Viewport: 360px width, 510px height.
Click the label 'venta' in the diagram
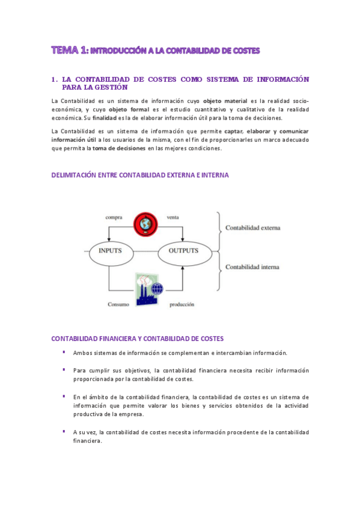tap(172, 217)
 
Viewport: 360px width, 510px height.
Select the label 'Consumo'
tap(118, 304)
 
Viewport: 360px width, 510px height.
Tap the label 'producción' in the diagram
tap(182, 304)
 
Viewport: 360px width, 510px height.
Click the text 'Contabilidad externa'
tap(252, 229)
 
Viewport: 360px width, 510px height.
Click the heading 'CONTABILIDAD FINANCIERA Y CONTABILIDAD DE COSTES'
tap(138, 339)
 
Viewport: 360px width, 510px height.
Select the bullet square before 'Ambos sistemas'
tap(64, 352)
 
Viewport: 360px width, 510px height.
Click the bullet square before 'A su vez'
tap(64, 431)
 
